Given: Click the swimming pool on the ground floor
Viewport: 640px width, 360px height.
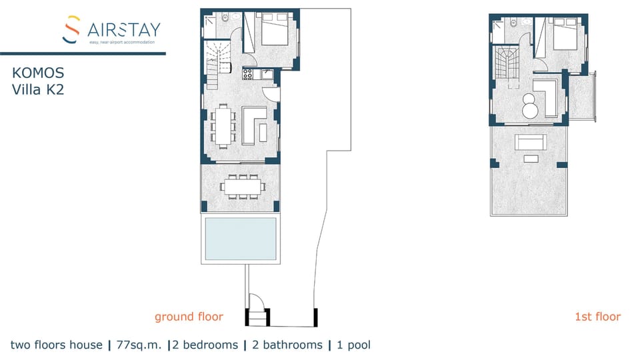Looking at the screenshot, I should [x=241, y=239].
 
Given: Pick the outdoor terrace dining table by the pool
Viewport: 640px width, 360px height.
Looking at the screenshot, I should [x=241, y=187].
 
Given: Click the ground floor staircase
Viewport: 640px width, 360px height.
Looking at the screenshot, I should [x=216, y=63].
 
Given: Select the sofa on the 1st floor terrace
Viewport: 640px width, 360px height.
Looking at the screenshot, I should [x=530, y=143].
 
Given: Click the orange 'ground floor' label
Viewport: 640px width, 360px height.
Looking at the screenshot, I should [x=189, y=317].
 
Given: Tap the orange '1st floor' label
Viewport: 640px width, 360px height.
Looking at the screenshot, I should [x=597, y=317].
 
